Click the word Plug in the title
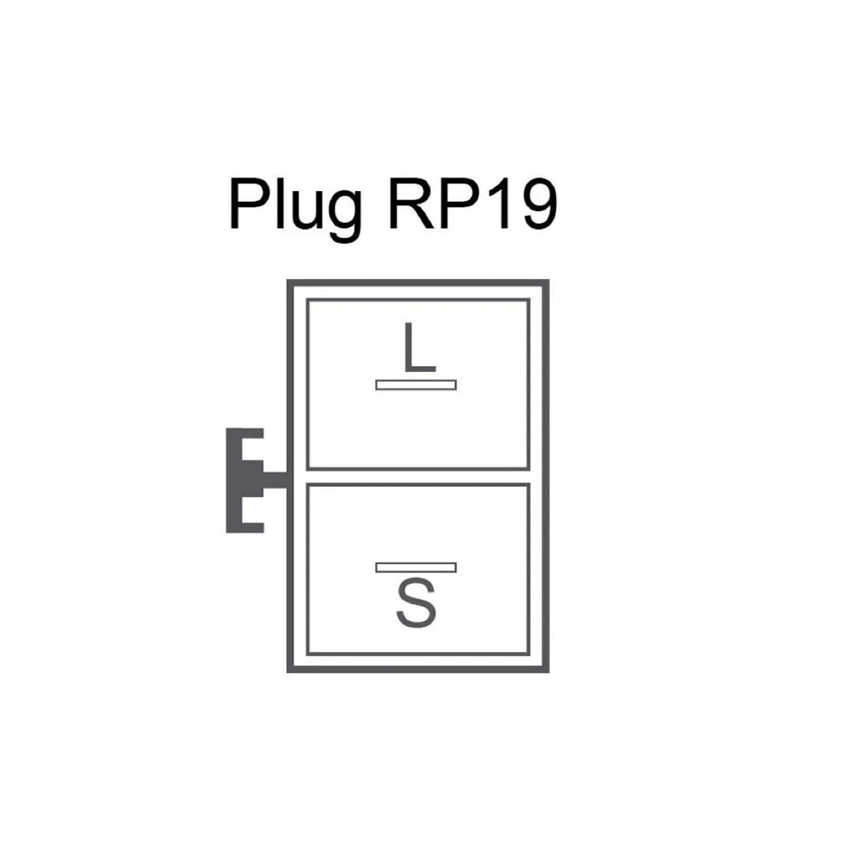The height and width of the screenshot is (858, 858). coord(295,205)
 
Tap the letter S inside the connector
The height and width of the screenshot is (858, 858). coord(416,605)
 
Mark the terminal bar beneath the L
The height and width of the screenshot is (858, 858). coord(416,385)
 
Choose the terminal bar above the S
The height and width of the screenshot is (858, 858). coord(416,567)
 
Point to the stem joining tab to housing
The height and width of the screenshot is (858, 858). coord(275,480)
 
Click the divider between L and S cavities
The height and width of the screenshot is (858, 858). coord(418,477)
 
